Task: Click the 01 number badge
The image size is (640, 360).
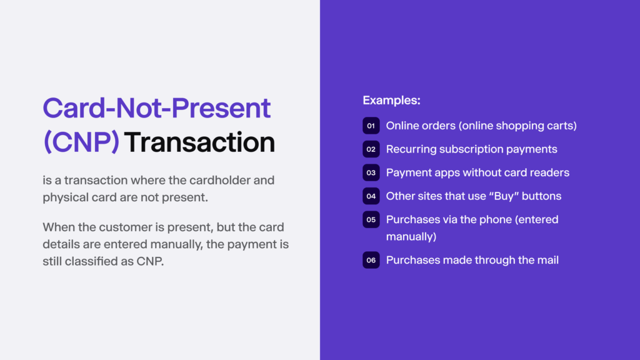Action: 371,126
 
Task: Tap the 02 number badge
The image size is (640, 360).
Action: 371,149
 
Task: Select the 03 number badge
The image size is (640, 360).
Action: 371,172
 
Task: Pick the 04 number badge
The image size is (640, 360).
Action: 371,196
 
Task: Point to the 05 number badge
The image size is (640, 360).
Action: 371,220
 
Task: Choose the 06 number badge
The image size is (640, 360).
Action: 371,260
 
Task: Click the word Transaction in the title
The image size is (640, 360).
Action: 199,142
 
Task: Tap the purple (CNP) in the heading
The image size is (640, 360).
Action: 81,142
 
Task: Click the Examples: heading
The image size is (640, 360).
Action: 391,100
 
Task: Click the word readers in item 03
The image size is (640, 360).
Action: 549,172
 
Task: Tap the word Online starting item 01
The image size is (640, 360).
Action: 402,126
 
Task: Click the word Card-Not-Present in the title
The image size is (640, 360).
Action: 156,108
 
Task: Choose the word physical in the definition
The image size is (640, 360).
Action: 64,197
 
